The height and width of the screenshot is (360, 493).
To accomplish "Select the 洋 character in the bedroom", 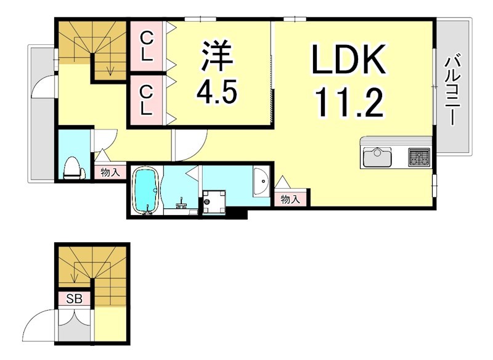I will coord(216,56).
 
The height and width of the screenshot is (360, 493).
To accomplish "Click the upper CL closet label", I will coord(147,46).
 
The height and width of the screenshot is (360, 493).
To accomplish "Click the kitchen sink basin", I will coord(377,158).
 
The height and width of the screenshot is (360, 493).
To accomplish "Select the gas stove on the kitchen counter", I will coord(418,157).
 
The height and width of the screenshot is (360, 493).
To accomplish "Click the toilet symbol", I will coord(73,166).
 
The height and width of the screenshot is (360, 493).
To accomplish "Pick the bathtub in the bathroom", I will coord(147,190).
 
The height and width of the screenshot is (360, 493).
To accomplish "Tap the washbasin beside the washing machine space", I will coord(261,181).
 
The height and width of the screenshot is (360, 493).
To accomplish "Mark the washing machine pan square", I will coord(215,202).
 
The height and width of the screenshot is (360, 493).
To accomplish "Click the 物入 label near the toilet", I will coord(110,173).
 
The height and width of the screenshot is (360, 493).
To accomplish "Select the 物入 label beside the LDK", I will coord(290,198).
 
